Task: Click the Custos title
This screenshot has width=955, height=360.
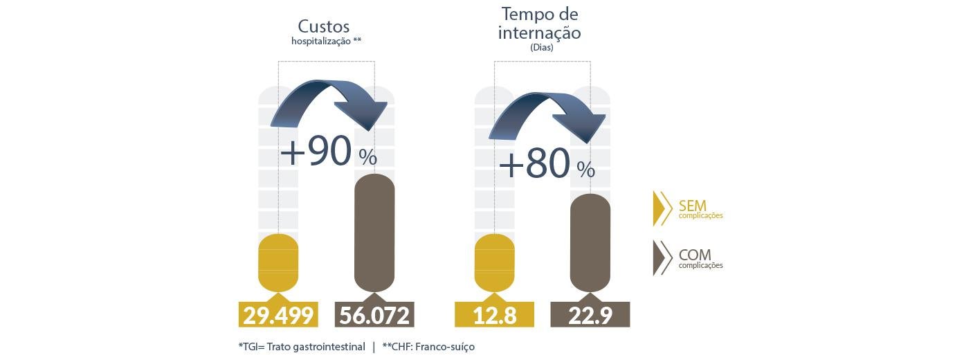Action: tap(323, 26)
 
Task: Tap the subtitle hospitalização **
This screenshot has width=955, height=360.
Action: tap(326, 42)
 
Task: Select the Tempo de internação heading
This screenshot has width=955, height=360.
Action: tap(540, 23)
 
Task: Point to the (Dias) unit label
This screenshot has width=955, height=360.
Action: tap(541, 48)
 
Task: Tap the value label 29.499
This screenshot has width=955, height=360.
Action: tap(278, 315)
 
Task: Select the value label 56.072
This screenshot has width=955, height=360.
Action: tap(374, 315)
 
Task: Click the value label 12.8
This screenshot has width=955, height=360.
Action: tap(494, 315)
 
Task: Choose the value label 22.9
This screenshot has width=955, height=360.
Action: tap(590, 315)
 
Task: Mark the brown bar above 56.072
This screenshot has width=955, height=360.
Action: tap(374, 233)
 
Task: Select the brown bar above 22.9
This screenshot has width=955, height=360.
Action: tap(590, 242)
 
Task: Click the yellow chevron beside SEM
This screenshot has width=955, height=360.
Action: tap(662, 208)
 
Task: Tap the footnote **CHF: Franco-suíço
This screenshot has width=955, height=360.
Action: tap(428, 346)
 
